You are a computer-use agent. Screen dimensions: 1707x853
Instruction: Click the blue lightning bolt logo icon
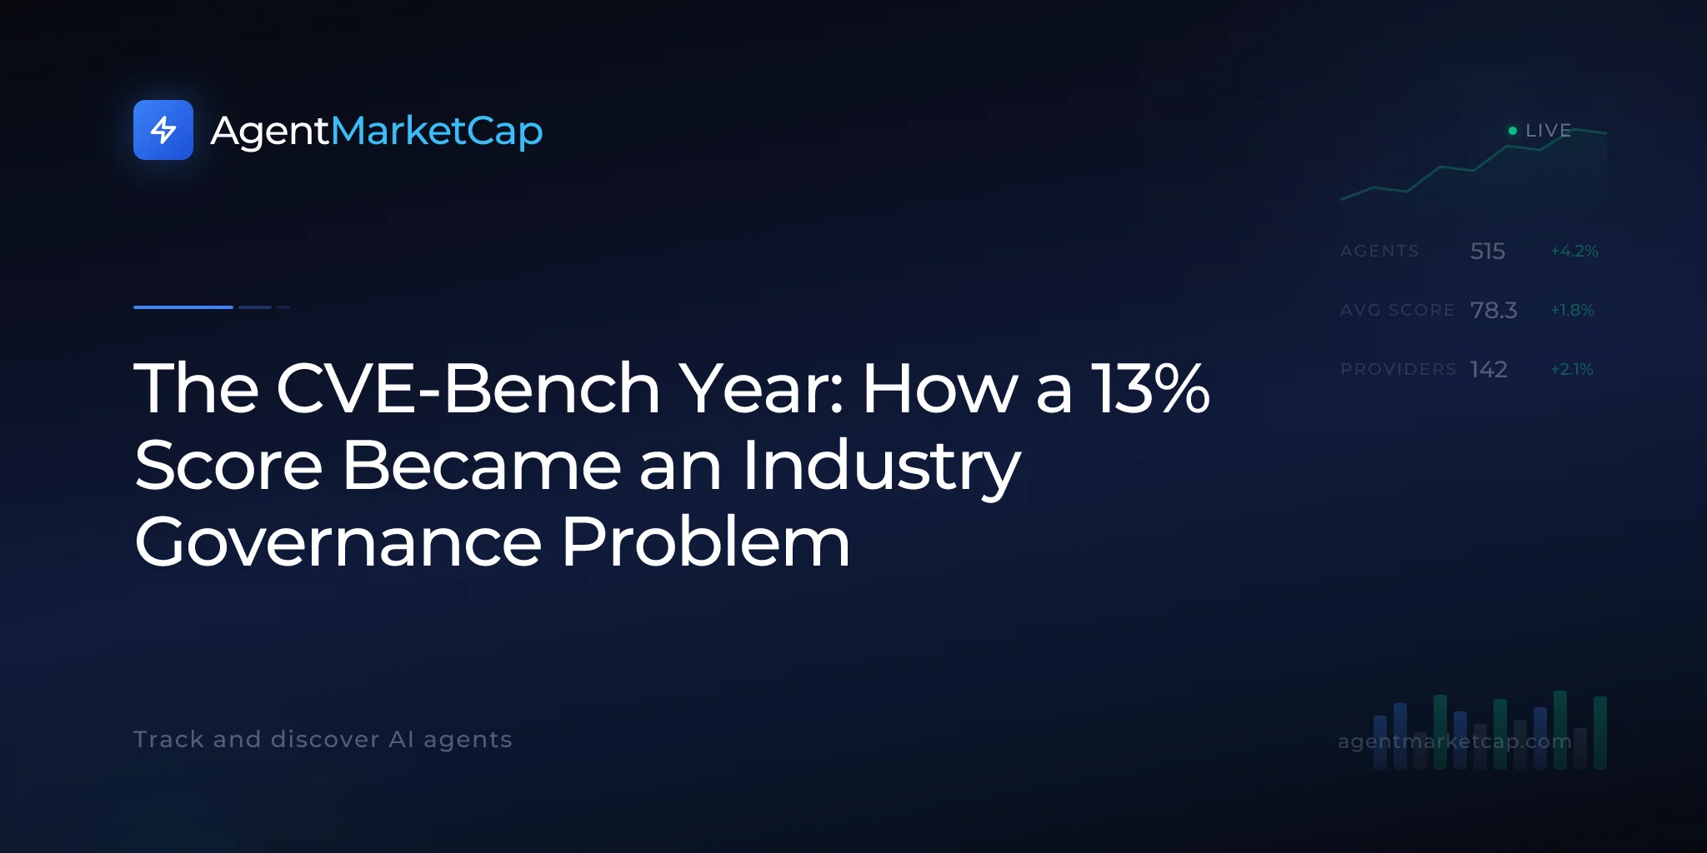tap(163, 130)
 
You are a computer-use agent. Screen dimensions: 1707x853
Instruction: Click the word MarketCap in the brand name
tap(437, 131)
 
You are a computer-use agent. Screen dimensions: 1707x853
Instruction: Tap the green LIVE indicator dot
tap(1513, 131)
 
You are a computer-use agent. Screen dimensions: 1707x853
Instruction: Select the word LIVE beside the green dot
tap(1548, 131)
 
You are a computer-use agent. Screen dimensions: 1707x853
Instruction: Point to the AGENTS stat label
tap(1379, 251)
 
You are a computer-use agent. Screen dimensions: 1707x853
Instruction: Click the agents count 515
tap(1488, 251)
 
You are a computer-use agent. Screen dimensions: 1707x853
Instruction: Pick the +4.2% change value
tap(1574, 251)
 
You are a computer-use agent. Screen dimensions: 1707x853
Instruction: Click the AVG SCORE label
tap(1397, 310)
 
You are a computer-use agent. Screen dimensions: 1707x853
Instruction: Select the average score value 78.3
tap(1494, 310)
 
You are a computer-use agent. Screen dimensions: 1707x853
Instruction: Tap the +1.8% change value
tap(1572, 310)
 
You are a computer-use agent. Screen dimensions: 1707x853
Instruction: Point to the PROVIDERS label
tap(1399, 369)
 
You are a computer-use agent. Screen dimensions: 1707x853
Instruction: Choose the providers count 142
tap(1489, 369)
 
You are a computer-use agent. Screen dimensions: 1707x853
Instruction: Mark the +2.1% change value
tap(1572, 369)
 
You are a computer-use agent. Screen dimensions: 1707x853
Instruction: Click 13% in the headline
tap(1150, 388)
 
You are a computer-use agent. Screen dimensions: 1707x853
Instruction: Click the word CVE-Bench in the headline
tap(468, 388)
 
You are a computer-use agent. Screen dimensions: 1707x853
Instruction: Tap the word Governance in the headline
tap(338, 541)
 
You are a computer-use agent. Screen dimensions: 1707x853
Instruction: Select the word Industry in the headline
tap(881, 467)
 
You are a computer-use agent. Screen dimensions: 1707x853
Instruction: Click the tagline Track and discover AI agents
tap(323, 740)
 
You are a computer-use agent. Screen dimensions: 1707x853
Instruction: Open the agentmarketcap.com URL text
tap(1454, 741)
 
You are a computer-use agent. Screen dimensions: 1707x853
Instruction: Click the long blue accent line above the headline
tap(183, 307)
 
